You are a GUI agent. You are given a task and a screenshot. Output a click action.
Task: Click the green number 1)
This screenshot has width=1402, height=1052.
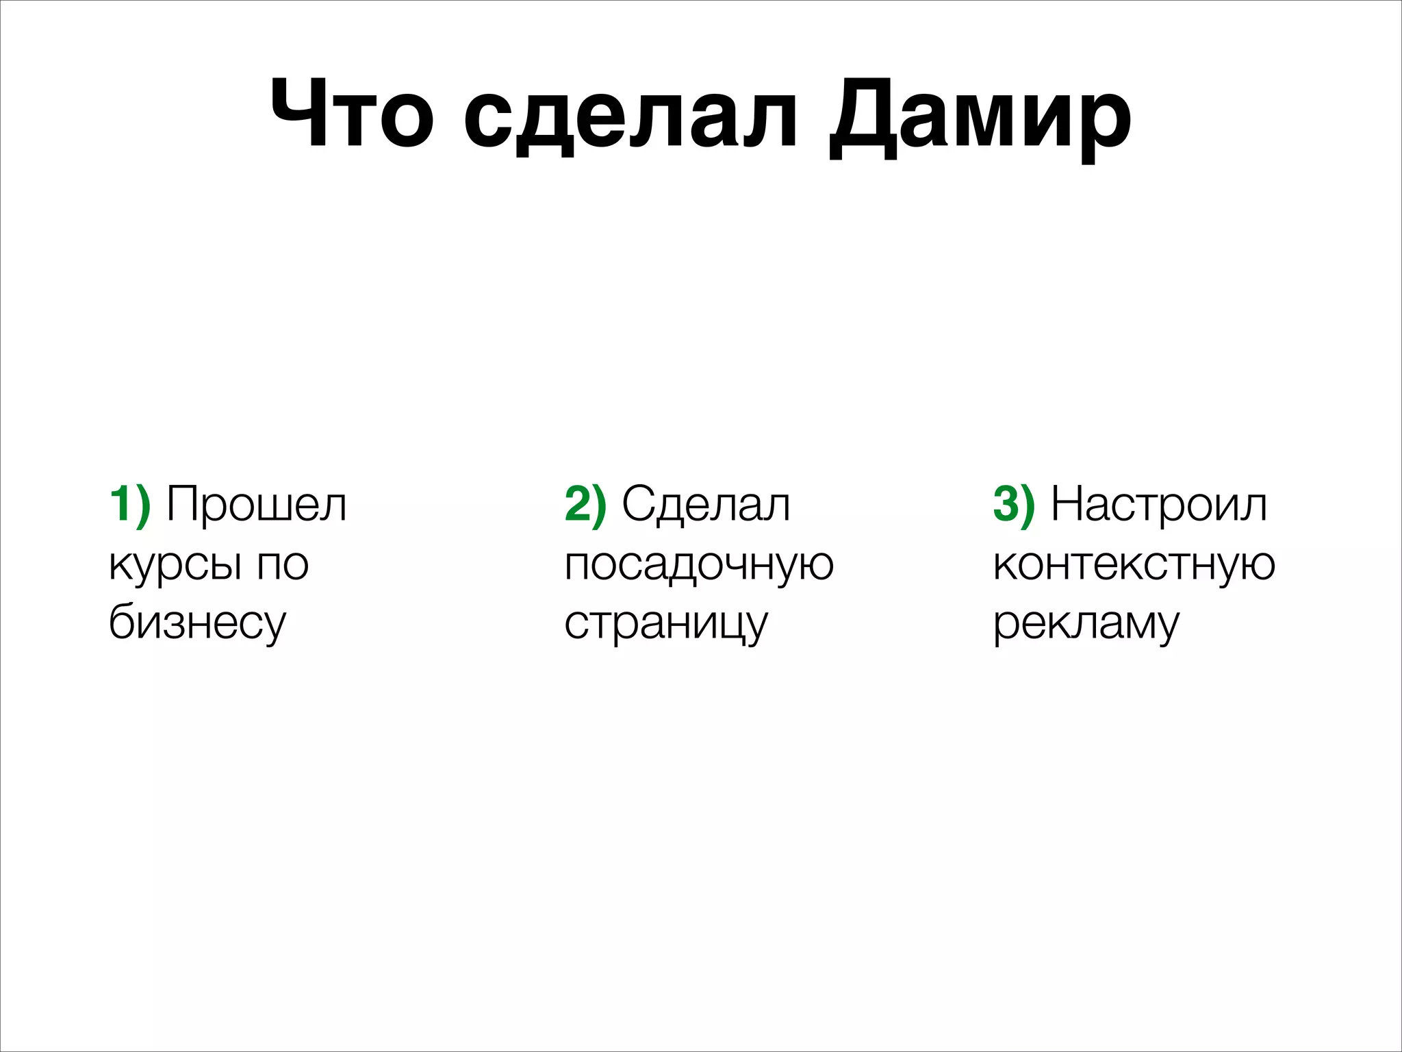(130, 505)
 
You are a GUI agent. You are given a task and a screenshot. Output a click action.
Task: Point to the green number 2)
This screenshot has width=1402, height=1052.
(585, 505)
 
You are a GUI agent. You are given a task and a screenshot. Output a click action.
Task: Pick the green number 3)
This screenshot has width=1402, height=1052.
(1014, 505)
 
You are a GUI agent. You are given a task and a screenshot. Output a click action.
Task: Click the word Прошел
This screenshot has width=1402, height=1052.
(257, 505)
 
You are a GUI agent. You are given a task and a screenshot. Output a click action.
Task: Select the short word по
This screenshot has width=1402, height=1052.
(283, 566)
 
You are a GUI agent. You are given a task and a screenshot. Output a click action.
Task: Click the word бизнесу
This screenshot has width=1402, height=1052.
(197, 623)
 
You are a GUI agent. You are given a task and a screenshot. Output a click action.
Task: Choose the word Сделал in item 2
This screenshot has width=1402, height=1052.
(706, 505)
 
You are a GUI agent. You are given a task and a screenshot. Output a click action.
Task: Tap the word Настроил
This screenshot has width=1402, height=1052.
(1158, 505)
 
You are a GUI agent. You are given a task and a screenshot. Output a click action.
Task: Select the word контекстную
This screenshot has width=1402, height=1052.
(1134, 566)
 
